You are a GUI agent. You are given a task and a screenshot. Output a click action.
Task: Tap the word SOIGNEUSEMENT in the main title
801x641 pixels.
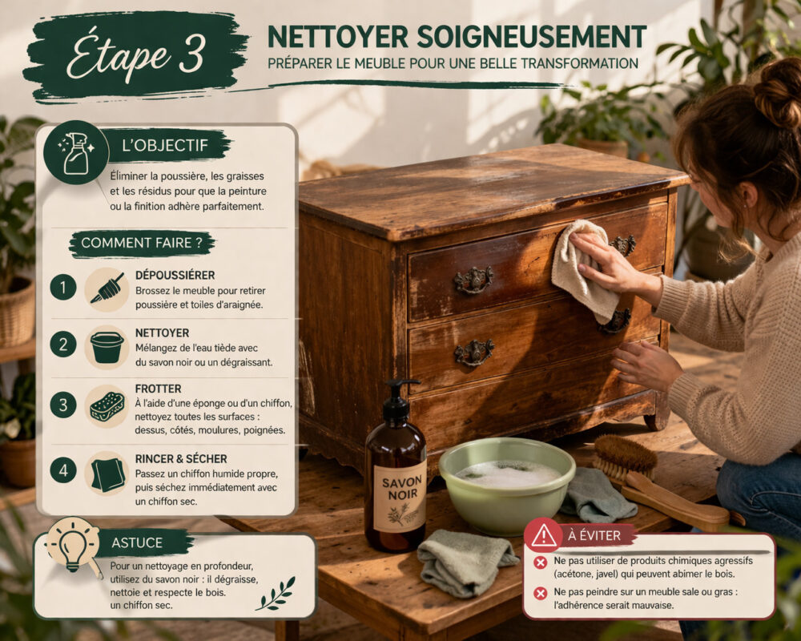point(532,37)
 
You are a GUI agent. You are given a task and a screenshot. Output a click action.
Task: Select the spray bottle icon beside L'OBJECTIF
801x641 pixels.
point(76,153)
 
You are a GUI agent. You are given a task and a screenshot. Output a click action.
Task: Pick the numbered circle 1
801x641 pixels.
point(62,288)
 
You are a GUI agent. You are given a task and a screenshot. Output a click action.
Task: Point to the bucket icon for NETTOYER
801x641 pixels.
point(107,347)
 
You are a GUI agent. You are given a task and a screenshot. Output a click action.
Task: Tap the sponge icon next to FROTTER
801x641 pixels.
point(107,406)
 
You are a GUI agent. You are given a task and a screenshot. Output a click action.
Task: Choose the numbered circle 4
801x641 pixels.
point(62,470)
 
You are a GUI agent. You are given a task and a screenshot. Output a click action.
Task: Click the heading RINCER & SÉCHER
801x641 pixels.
point(181,458)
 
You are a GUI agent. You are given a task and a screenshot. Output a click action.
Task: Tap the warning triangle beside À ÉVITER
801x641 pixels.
point(544,535)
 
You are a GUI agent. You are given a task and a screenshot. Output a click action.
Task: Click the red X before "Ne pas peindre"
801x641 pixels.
point(541,593)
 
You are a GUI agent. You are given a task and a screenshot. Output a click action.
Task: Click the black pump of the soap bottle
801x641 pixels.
point(398,399)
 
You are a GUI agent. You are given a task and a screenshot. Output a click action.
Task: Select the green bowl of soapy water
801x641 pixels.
point(507,484)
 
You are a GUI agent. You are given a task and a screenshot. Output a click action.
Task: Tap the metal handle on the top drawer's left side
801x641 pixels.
point(473,280)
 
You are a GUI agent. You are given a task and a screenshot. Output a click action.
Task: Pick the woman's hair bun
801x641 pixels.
point(779,91)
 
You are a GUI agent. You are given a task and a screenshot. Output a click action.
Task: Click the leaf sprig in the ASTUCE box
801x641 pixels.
point(276,595)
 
